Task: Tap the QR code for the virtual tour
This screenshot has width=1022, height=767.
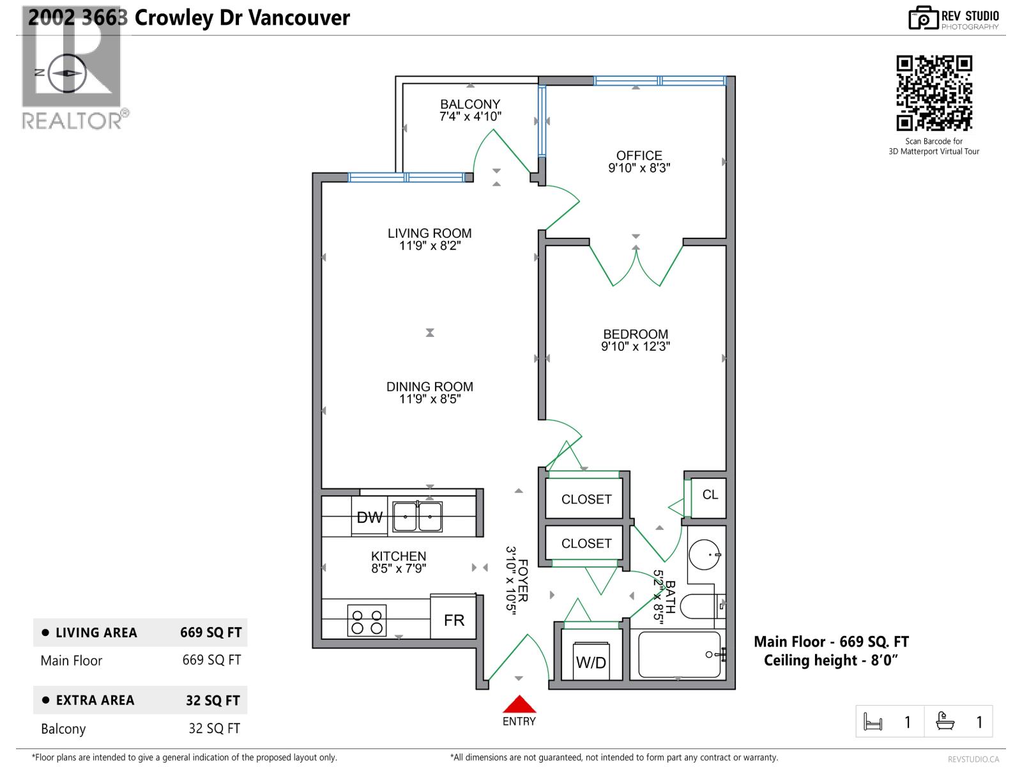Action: (x=934, y=93)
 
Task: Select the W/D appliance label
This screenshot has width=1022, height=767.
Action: (x=591, y=662)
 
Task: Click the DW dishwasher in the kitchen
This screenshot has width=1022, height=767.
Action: (x=369, y=517)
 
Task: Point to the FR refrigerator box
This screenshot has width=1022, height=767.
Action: (x=454, y=619)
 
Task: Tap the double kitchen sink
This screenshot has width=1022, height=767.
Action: (x=417, y=516)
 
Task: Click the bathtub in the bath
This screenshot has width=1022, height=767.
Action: (x=680, y=655)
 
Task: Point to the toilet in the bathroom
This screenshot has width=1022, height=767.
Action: (x=700, y=605)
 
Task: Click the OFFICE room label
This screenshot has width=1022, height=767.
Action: (x=639, y=155)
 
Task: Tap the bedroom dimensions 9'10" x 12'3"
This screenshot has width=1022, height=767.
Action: (x=635, y=346)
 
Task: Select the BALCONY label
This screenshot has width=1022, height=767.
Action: (x=470, y=104)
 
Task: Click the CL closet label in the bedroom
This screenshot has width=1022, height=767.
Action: (x=710, y=495)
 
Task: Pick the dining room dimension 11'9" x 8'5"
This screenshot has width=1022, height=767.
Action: (x=429, y=399)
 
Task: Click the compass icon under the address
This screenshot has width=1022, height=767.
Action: (x=68, y=72)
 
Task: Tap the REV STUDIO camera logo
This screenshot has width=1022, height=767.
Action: (x=922, y=18)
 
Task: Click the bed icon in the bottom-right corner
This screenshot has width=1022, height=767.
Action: (x=873, y=722)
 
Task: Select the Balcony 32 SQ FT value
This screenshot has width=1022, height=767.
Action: (x=214, y=728)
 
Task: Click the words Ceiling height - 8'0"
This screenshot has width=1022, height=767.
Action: (x=830, y=660)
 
